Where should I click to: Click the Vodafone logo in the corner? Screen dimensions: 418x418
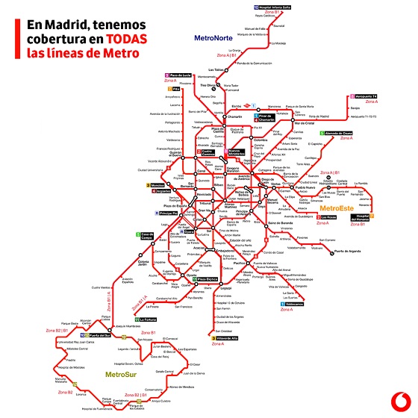point(396,398)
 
